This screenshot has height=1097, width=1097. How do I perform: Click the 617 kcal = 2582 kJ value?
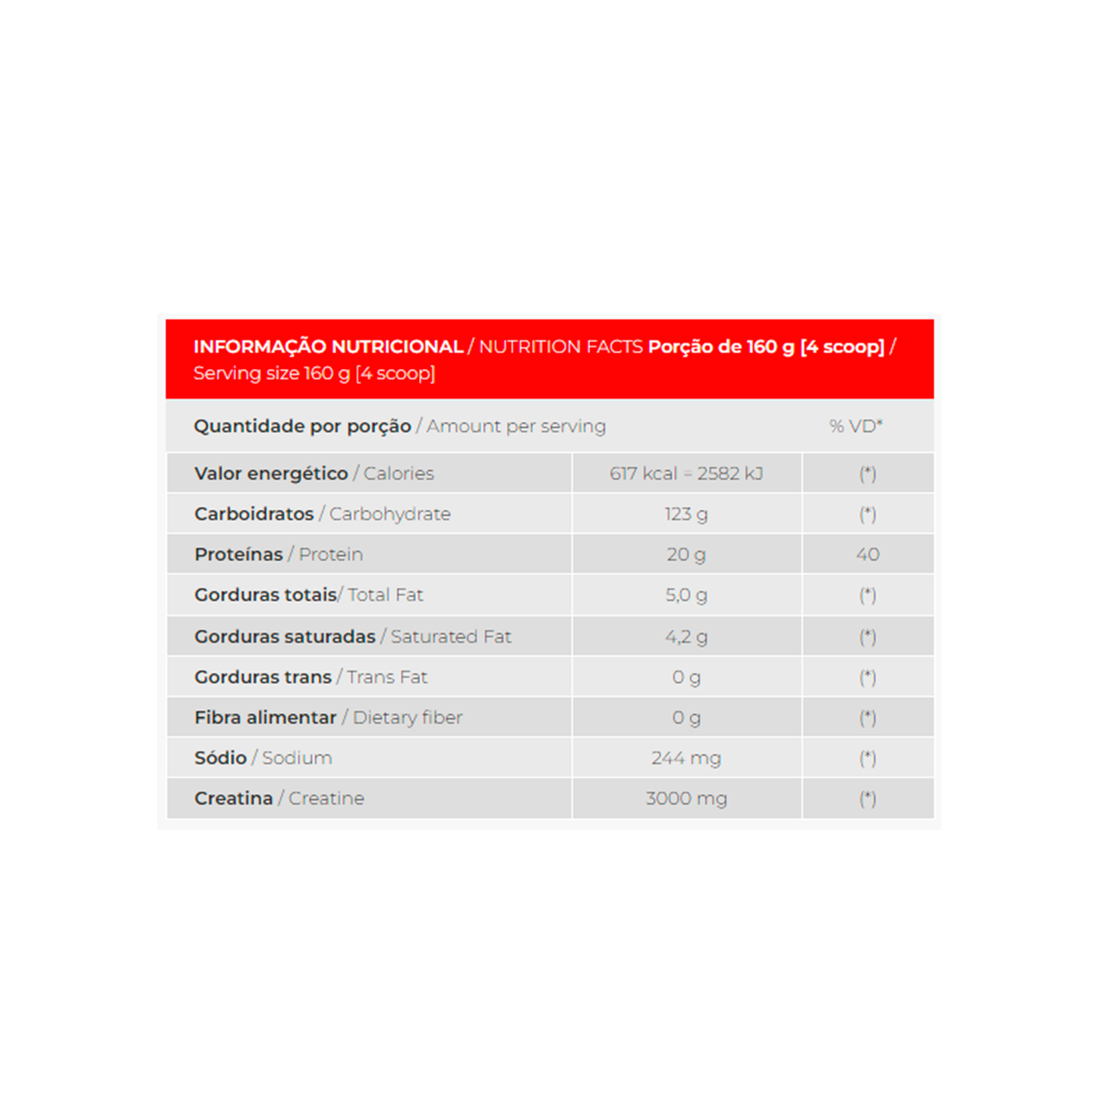pos(686,474)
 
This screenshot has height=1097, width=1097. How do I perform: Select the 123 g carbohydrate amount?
pos(686,514)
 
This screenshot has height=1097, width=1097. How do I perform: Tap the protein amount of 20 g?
pos(686,554)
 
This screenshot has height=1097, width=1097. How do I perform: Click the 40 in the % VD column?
pos(867,554)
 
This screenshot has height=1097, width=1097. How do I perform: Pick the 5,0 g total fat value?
pos(686,595)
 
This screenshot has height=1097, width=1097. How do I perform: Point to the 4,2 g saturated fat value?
pos(686,636)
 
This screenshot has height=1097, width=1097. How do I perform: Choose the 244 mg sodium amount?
pos(686,758)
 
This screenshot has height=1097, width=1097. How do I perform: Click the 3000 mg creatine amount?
pos(686,799)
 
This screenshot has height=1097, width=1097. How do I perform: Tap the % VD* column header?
pos(856,426)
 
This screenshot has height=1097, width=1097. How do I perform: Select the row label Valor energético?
pos(270,474)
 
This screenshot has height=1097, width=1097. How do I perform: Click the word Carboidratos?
pos(254,514)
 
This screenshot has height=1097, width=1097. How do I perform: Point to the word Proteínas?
pos(238,554)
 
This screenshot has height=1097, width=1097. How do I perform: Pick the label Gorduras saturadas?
pos(285,636)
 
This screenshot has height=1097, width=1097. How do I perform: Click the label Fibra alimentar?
pos(265,717)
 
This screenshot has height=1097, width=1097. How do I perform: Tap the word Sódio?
pos(220,758)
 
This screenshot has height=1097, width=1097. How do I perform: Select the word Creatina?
pos(233,799)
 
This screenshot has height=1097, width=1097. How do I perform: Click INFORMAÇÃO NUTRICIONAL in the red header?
pos(328,347)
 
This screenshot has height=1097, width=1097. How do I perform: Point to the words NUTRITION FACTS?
pos(561,347)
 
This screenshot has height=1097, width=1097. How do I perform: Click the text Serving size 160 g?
pos(272,374)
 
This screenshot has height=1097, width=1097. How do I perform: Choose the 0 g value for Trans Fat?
pos(686,677)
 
